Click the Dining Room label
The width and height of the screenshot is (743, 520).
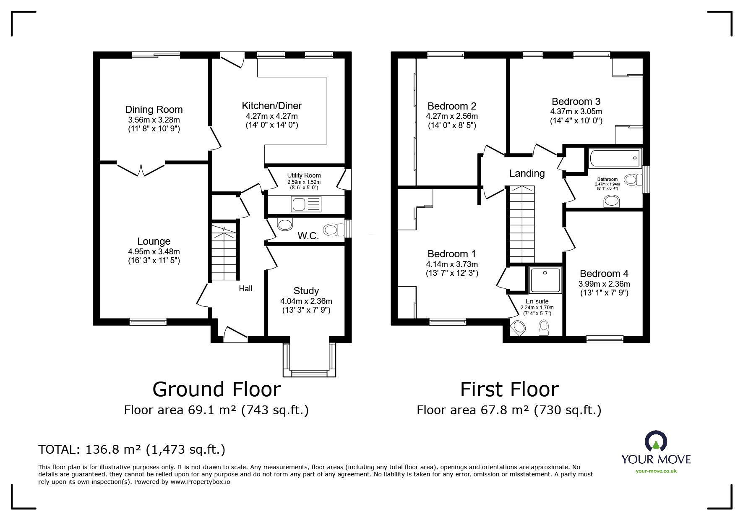click(x=154, y=110)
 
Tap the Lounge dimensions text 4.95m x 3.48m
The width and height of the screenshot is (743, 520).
click(x=154, y=251)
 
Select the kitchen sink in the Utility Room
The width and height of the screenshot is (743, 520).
click(x=306, y=204)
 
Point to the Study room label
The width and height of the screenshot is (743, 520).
click(x=306, y=291)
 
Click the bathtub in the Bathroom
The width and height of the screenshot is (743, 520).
click(x=615, y=159)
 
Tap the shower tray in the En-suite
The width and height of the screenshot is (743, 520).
click(x=545, y=280)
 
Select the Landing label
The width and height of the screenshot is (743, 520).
click(x=527, y=173)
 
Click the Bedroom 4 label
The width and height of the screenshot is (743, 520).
click(x=604, y=274)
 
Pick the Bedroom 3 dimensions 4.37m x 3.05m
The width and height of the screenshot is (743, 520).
click(x=576, y=112)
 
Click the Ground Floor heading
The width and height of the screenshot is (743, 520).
click(x=216, y=389)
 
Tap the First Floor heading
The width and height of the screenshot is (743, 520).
click(x=509, y=389)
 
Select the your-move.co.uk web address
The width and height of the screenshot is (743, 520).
click(x=656, y=471)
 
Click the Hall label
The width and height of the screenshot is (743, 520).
click(x=245, y=288)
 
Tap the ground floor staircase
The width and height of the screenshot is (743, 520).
click(x=224, y=252)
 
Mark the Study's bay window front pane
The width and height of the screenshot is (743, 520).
click(x=309, y=373)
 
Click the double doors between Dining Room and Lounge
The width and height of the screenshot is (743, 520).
click(x=141, y=169)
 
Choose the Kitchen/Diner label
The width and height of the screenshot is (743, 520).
click(x=272, y=106)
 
